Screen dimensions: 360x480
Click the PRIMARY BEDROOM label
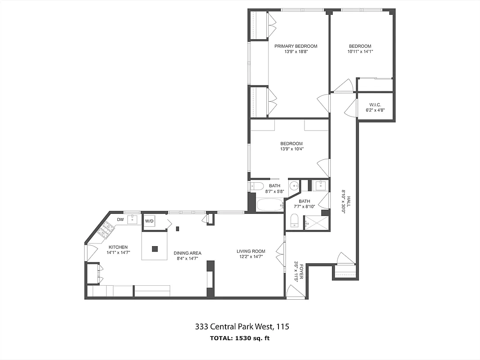tap(296, 46)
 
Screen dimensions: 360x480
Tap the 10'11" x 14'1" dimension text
tap(360, 51)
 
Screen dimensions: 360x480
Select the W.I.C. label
tap(375, 104)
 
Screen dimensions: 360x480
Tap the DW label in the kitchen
tap(120, 220)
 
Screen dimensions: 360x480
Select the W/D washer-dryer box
tap(149, 221)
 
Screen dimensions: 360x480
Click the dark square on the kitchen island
tap(155, 248)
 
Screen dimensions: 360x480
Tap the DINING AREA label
tap(187, 253)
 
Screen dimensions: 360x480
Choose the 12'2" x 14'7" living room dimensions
tap(251, 256)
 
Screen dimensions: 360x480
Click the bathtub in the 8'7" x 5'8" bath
tap(270, 206)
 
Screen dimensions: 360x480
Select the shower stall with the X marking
tap(316, 223)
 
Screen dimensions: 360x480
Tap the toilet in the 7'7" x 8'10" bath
tap(295, 220)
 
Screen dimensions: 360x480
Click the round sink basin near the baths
tap(294, 185)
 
